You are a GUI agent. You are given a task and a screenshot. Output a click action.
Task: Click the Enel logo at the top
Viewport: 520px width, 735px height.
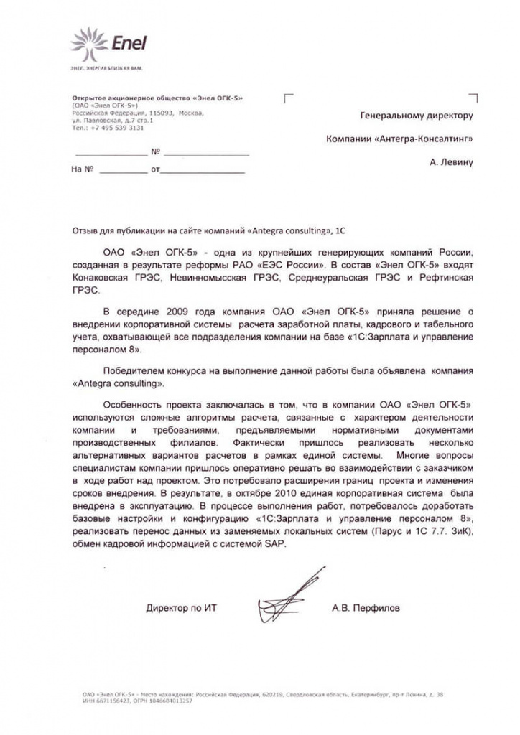coord(108,44)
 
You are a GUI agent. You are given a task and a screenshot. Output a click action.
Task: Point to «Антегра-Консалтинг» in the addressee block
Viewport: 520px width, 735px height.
coord(432,139)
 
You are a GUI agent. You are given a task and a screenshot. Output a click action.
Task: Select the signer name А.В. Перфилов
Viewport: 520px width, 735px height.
coord(366,608)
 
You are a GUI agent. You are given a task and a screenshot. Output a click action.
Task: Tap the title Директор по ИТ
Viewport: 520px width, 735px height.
coord(181,608)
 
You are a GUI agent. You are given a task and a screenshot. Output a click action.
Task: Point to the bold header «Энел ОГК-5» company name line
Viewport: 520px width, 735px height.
coord(157,98)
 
